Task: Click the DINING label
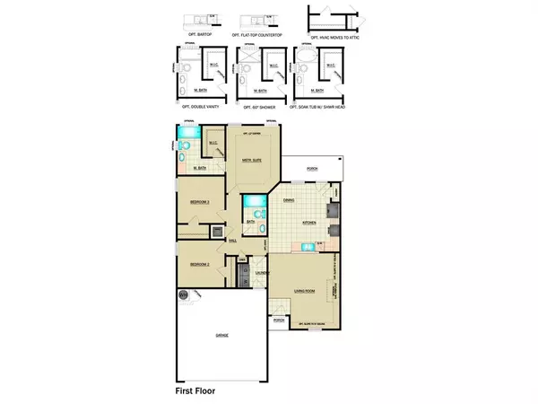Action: [290, 199]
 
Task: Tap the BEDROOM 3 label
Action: [199, 202]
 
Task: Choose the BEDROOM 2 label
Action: [199, 265]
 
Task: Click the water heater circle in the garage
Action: [184, 293]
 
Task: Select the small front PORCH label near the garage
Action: [278, 319]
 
